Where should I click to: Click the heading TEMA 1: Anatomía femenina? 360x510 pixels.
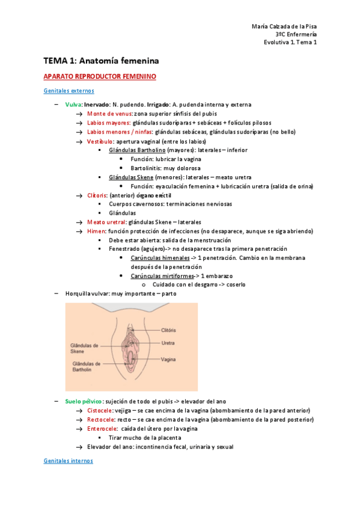pos(100,61)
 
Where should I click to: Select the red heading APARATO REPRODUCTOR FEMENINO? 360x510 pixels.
pos(100,77)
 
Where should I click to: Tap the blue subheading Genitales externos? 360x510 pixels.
pos(69,91)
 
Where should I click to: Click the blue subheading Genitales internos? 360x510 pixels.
pos(69,461)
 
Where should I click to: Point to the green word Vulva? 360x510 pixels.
pos(73,105)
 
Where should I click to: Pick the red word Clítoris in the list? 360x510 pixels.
pos(98,195)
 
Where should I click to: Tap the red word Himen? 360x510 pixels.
pos(96,231)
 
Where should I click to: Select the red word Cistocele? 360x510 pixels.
pos(100,410)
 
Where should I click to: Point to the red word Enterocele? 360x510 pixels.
pos(102,429)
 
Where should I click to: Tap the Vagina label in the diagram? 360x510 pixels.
pos(168,360)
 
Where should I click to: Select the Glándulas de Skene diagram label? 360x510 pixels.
pos(85,349)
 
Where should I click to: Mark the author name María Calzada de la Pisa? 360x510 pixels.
pos(282,26)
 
